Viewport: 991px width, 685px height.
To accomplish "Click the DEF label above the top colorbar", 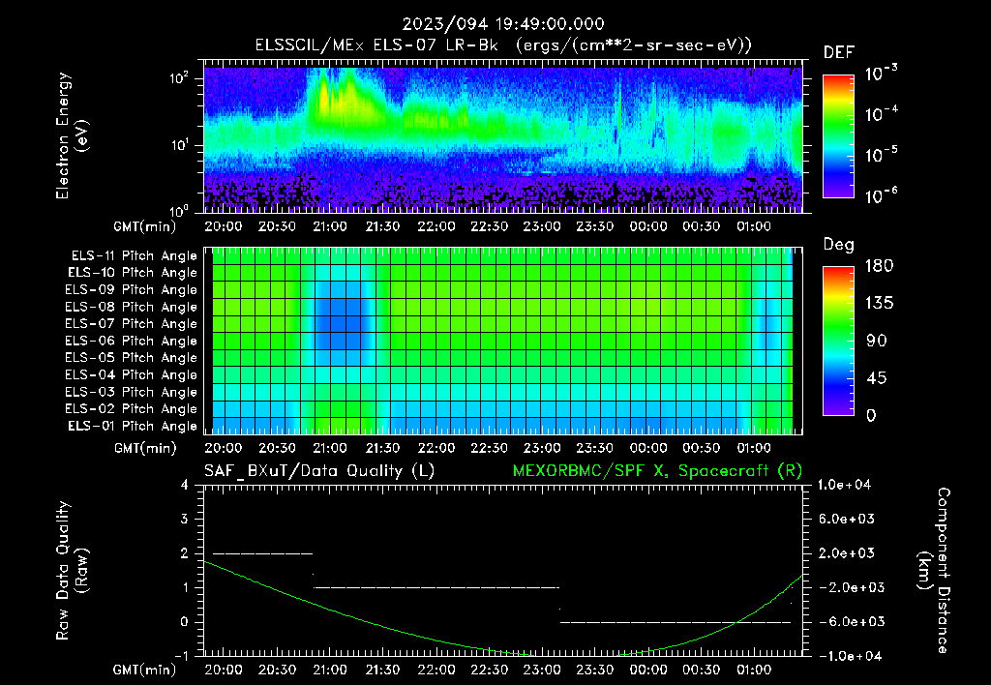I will [838, 52].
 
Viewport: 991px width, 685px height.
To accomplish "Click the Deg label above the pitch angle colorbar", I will [838, 245].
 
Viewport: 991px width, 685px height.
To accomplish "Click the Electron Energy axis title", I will [73, 135].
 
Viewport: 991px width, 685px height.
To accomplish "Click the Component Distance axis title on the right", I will [934, 571].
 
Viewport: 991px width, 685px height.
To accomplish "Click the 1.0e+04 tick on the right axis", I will [848, 485].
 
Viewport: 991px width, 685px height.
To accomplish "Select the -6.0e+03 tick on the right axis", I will [848, 621].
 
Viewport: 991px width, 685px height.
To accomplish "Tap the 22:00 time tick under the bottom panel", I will [436, 670].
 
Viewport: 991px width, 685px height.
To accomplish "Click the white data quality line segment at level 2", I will [262, 553].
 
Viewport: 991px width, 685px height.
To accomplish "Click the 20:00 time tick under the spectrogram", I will [225, 225].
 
